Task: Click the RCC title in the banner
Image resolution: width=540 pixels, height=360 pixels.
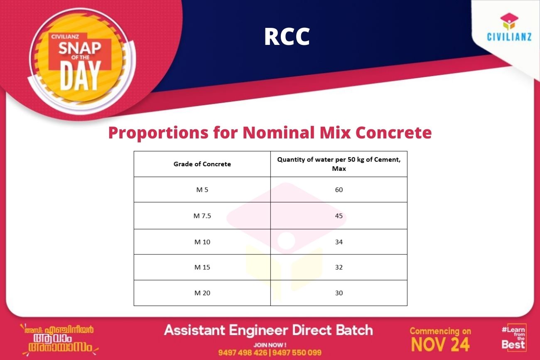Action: pyautogui.click(x=287, y=37)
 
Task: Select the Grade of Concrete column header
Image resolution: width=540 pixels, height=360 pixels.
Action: pyautogui.click(x=202, y=164)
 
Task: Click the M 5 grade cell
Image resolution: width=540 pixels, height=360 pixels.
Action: pyautogui.click(x=202, y=190)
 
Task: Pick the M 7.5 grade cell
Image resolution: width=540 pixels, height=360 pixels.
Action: pyautogui.click(x=202, y=216)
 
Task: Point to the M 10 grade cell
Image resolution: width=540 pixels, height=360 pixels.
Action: pyautogui.click(x=202, y=242)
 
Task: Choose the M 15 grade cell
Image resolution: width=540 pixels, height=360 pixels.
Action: pyautogui.click(x=202, y=267)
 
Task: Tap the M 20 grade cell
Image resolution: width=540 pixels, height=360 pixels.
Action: pyautogui.click(x=202, y=293)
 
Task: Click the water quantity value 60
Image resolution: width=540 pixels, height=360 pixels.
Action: pyautogui.click(x=339, y=190)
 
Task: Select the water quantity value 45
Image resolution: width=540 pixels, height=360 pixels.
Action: pyautogui.click(x=339, y=216)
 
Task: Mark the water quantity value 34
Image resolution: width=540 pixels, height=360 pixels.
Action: pyautogui.click(x=339, y=242)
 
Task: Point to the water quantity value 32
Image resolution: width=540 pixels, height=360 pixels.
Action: pyautogui.click(x=339, y=267)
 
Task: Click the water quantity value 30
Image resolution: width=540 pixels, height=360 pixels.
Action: pyautogui.click(x=339, y=293)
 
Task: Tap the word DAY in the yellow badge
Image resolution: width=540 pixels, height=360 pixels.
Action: pyautogui.click(x=80, y=76)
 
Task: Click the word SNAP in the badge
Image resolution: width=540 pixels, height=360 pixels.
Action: pyautogui.click(x=80, y=48)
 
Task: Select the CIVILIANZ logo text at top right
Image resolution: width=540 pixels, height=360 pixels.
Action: pyautogui.click(x=509, y=37)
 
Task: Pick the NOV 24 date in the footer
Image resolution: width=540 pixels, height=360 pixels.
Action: pyautogui.click(x=440, y=345)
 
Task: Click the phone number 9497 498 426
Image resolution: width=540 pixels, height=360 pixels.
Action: pyautogui.click(x=243, y=353)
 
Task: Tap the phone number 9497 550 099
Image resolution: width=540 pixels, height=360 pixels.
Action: pyautogui.click(x=297, y=353)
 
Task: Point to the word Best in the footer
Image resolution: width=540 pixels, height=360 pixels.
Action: pyautogui.click(x=513, y=345)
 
